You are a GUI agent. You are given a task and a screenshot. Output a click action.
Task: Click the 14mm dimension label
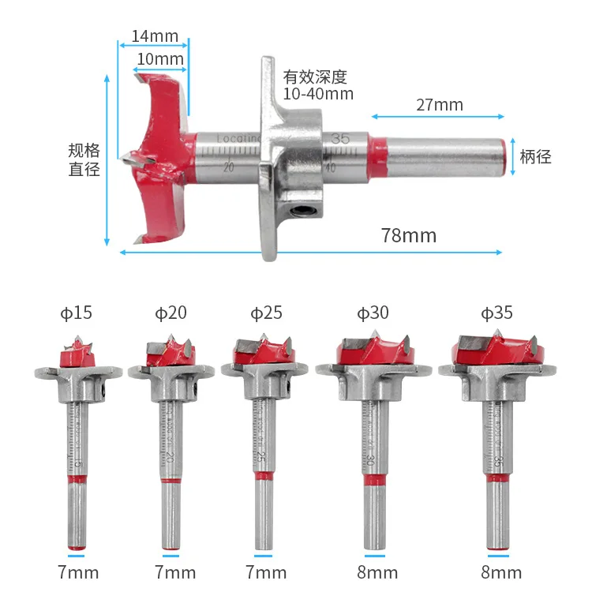pos(155,36)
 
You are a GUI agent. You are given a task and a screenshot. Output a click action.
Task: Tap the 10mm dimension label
pos(160,59)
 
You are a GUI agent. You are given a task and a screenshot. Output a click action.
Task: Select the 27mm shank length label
pos(438,105)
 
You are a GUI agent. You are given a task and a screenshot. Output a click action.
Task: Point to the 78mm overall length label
pos(408,235)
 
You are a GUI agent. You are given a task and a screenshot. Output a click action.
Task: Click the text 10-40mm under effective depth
pos(318,94)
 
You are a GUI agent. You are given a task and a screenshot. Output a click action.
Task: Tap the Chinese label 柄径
pos(535,156)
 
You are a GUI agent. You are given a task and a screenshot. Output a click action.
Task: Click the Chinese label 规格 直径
pos(84,159)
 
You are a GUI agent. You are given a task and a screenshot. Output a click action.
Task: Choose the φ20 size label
pos(171,313)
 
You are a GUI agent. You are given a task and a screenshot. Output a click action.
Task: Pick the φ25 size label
pos(266,313)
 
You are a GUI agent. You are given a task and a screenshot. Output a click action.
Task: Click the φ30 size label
pos(373,313)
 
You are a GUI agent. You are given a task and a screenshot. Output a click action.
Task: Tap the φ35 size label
pos(496,313)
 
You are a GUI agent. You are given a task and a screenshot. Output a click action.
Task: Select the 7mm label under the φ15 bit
pos(77,571)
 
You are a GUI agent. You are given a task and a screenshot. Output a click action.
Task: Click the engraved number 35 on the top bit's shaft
pos(340,138)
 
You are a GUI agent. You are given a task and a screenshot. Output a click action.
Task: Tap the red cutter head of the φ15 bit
pos(77,356)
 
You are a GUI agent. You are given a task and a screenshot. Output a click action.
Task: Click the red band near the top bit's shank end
pos(378,155)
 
